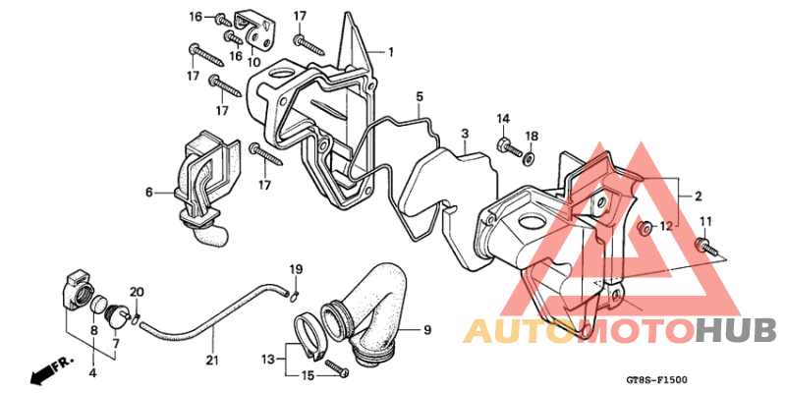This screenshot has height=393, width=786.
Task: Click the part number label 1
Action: click(390, 52)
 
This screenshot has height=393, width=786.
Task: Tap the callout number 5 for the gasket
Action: click(420, 95)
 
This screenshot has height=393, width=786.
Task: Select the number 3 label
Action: click(465, 134)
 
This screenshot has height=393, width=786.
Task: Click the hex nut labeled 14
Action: click(503, 145)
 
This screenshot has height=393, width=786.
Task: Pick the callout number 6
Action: click(149, 192)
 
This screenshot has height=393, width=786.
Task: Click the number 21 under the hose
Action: click(212, 360)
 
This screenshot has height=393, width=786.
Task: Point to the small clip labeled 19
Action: click(294, 297)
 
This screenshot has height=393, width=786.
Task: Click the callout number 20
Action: click(137, 292)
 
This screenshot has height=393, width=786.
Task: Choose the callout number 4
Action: click(93, 373)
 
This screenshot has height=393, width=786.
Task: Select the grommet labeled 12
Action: click(645, 228)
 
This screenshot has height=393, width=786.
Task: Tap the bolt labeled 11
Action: click(705, 248)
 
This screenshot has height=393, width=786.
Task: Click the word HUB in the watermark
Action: click(736, 331)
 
